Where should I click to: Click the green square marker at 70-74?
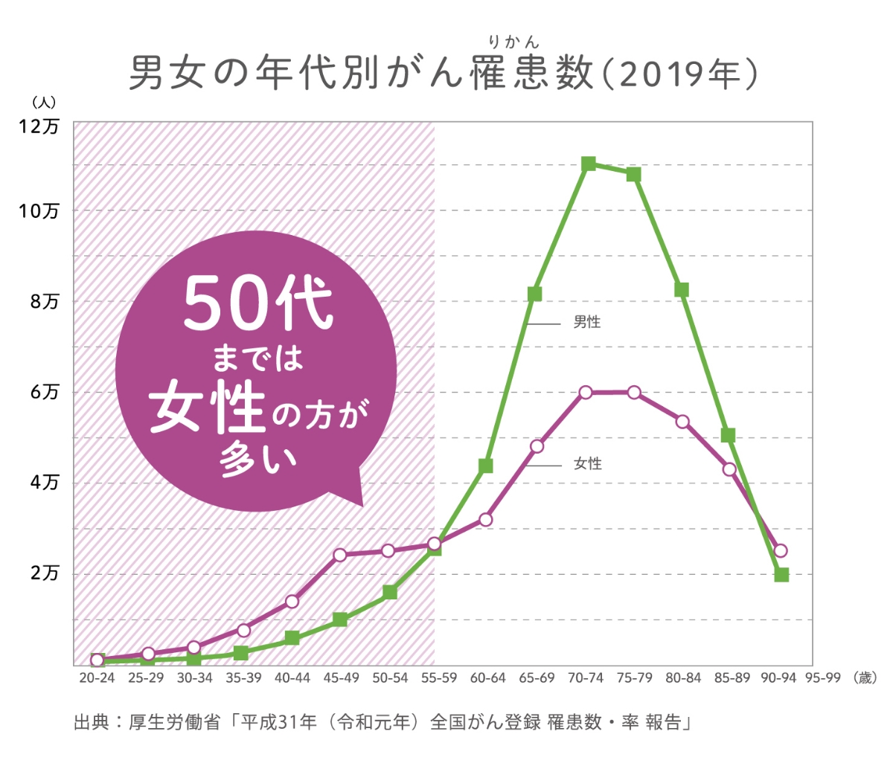point(589,164)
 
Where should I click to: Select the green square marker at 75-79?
point(634,175)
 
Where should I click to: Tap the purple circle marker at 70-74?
point(586,392)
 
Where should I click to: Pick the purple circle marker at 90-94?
point(781,551)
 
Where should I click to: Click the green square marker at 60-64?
point(486,466)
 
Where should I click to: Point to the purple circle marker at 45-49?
point(340,555)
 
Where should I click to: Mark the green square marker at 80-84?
point(682,289)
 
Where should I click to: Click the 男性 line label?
point(587,323)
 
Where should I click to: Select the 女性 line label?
point(587,464)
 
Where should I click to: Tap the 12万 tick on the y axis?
point(39,127)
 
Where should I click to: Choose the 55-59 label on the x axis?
point(439,678)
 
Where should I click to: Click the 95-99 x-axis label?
point(822,678)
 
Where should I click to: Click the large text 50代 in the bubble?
point(257,304)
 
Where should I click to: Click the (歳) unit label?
point(865,678)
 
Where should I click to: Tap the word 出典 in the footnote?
point(92,723)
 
